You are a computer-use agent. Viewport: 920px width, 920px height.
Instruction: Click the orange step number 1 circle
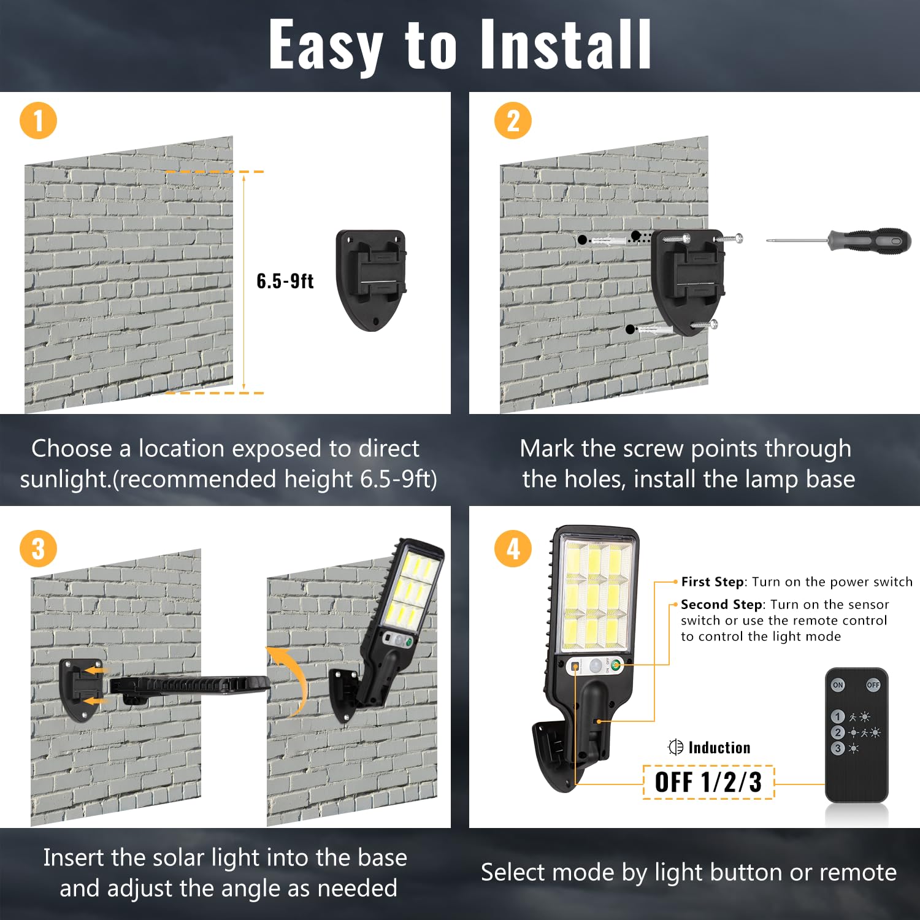(38, 121)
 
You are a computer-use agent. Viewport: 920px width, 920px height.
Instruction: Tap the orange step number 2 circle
(513, 121)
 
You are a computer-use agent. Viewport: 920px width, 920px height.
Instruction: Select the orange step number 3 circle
(38, 549)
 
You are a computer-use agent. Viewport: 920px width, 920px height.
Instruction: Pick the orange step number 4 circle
(513, 549)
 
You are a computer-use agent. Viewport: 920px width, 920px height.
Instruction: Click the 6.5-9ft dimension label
(285, 281)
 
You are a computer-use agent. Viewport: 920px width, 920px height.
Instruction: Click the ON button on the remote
(838, 684)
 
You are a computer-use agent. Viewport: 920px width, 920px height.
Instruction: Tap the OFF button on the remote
(873, 684)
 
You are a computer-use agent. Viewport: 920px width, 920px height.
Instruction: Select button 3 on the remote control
(838, 748)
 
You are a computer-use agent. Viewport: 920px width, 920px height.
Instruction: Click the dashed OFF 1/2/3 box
(708, 782)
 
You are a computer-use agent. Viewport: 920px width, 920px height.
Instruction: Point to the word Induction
(719, 747)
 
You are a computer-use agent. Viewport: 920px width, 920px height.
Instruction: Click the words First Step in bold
(713, 581)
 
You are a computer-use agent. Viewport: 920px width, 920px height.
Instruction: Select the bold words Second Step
(722, 605)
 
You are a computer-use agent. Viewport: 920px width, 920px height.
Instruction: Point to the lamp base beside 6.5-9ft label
(371, 280)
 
